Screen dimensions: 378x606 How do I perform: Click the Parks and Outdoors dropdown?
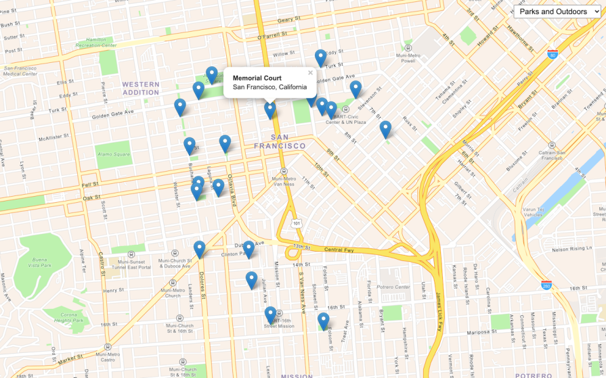[x=557, y=11]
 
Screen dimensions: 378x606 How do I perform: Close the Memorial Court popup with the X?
[x=311, y=73]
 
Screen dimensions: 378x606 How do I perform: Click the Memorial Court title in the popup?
[x=257, y=78]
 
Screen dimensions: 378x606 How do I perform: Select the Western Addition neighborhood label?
[x=141, y=88]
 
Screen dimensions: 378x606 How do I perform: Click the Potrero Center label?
[x=394, y=287]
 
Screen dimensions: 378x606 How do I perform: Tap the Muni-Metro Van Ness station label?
[x=284, y=181]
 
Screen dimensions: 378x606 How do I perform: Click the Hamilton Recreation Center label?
[x=101, y=43]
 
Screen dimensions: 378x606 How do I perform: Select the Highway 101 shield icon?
[x=295, y=222]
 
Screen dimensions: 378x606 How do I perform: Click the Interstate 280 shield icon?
[x=546, y=285]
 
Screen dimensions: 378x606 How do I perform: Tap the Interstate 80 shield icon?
[x=553, y=54]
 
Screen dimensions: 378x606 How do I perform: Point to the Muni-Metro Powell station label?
[x=408, y=57]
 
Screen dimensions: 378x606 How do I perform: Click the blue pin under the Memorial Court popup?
[x=270, y=110]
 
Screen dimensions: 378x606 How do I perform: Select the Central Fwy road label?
[x=339, y=249]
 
